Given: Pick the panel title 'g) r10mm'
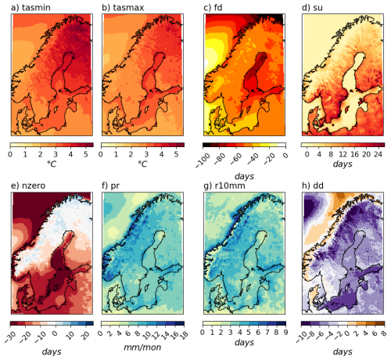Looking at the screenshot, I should pos(224,185).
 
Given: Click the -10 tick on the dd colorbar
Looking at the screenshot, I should pos(303,332).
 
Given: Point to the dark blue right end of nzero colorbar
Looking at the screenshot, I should pos(89,322).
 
